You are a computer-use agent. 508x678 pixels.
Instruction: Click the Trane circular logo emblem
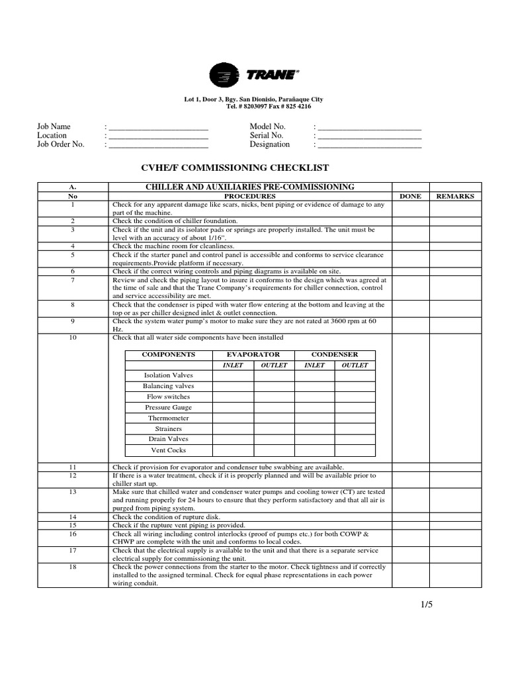coord(225,75)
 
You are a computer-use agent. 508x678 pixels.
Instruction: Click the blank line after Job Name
coord(158,126)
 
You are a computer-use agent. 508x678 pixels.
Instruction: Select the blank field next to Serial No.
coord(370,135)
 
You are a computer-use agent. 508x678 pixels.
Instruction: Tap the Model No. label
coord(267,126)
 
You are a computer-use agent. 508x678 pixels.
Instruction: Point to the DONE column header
coord(411,197)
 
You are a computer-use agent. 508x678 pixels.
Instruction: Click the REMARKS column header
coord(456,197)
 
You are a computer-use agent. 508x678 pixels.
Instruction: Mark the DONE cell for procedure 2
coord(411,220)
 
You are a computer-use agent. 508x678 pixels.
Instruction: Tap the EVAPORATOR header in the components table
coord(253,355)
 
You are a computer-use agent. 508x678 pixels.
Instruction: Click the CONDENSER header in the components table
coord(335,355)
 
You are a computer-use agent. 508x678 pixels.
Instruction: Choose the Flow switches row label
coord(168,397)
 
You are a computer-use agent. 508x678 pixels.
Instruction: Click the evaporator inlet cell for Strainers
coord(233,429)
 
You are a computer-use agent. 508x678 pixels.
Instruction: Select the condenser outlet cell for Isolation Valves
coord(355,375)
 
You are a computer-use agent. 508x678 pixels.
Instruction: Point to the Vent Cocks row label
coord(168,450)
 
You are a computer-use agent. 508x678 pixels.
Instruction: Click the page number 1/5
coord(425,604)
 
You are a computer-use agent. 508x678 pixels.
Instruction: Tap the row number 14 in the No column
coord(73,517)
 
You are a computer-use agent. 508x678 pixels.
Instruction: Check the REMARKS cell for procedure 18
coord(456,575)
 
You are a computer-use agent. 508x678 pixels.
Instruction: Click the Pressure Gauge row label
coord(168,408)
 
